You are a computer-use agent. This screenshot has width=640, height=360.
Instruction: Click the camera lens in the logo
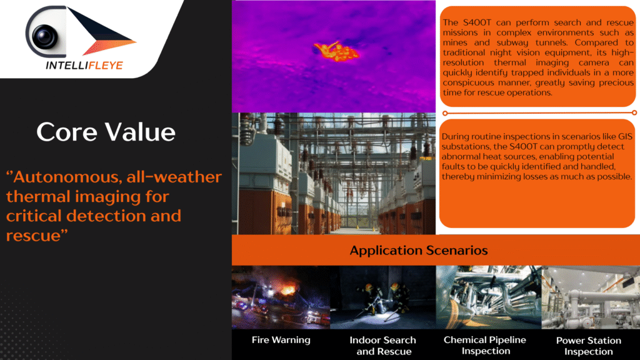pos(44,36)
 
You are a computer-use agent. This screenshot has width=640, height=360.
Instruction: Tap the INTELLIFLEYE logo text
pos(84,65)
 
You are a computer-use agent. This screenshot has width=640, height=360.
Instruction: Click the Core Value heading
pos(106,132)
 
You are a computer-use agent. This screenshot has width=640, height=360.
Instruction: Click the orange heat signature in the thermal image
pos(336,51)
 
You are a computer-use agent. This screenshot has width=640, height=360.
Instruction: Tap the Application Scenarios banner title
pos(419,250)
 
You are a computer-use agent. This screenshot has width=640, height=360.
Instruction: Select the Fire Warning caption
pos(281,339)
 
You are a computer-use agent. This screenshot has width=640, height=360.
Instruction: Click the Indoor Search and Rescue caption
pos(383,345)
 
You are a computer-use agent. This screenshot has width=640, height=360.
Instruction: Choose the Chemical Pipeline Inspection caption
pos(485,345)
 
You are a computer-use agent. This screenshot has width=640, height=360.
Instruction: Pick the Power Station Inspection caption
pos(589,346)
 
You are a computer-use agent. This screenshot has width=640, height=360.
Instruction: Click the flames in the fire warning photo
pos(288,289)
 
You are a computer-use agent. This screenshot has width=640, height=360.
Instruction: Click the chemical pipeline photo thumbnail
pos(489,297)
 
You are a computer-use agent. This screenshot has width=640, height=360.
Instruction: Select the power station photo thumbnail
pos(591,297)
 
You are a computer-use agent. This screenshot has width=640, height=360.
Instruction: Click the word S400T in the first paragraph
pos(477,22)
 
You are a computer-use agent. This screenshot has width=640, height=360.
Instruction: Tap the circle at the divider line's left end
pos(445,113)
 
